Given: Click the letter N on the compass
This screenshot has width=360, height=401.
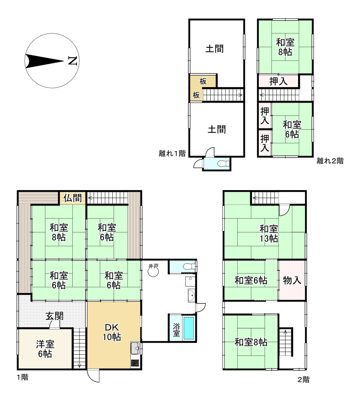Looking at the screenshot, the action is pyautogui.click(x=73, y=61).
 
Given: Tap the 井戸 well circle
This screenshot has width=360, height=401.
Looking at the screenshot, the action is pyautogui.click(x=153, y=272).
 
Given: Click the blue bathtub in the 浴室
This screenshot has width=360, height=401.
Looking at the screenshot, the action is pyautogui.click(x=189, y=328).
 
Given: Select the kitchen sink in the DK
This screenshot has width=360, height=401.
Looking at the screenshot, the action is pyautogui.click(x=135, y=347).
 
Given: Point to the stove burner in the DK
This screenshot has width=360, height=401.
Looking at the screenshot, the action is pyautogui.click(x=135, y=363).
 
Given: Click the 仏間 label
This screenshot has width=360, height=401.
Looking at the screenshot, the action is pyautogui.click(x=73, y=198).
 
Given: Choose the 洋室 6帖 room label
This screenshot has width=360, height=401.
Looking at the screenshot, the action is pyautogui.click(x=45, y=349).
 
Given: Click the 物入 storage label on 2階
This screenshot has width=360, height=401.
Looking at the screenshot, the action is pyautogui.click(x=292, y=280).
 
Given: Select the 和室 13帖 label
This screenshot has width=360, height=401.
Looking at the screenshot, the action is pyautogui.click(x=269, y=233).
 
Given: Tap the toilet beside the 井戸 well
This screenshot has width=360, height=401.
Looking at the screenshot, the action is pyautogui.click(x=188, y=266).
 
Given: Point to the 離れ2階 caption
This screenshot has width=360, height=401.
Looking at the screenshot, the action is pyautogui.click(x=330, y=161).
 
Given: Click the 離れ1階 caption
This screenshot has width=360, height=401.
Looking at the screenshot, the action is pyautogui.click(x=172, y=153).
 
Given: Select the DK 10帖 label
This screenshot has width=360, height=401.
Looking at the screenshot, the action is pyautogui.click(x=112, y=332).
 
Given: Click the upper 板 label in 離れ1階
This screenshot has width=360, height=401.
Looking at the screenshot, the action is pyautogui.click(x=203, y=81).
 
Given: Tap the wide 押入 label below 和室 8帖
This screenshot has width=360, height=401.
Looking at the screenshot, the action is pyautogui.click(x=278, y=81).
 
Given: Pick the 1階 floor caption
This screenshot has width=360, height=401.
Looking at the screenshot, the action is pyautogui.click(x=22, y=377).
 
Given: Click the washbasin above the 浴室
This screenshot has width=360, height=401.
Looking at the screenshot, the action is pyautogui.click(x=192, y=295).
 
